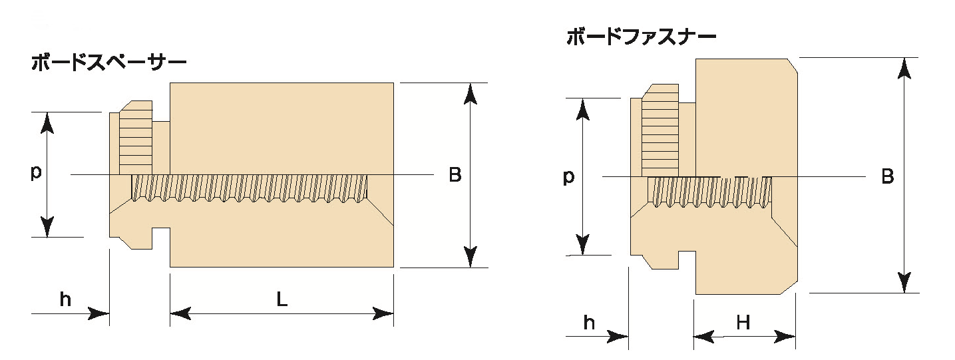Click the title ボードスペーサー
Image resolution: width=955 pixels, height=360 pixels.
[108, 63]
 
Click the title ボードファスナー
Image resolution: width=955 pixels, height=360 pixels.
[641, 37]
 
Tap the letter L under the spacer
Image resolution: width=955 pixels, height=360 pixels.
[282, 300]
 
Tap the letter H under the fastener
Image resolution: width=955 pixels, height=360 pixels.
[743, 323]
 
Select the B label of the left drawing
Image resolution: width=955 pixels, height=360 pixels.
[455, 175]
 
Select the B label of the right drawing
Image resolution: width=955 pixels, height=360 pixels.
[887, 177]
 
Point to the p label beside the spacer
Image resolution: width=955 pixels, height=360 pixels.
[36, 172]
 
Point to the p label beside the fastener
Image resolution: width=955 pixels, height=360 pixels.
[568, 178]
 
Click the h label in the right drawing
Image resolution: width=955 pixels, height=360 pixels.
[589, 323]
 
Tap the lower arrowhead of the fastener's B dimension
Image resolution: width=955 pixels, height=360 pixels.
[904, 281]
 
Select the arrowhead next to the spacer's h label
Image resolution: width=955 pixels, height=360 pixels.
[100, 313]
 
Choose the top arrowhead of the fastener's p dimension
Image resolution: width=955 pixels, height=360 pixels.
[583, 108]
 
